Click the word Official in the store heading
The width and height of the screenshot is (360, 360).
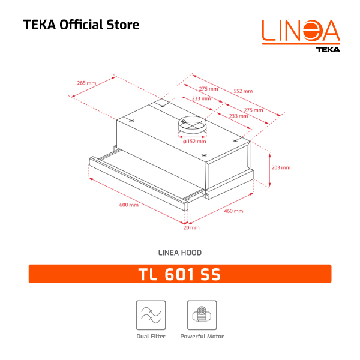pyautogui.click(x=79, y=25)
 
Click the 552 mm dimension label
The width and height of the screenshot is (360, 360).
pyautogui.click(x=243, y=91)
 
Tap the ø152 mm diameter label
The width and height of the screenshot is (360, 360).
pyautogui.click(x=194, y=142)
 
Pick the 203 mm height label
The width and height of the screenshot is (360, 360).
pyautogui.click(x=281, y=167)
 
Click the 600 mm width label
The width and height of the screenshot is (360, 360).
pyautogui.click(x=129, y=205)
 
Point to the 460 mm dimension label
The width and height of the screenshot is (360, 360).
pyautogui.click(x=233, y=211)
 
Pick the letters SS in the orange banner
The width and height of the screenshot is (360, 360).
pyautogui.click(x=211, y=275)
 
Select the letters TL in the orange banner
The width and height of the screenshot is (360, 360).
pyautogui.click(x=149, y=275)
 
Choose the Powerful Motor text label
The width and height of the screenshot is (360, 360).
pyautogui.click(x=202, y=337)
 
